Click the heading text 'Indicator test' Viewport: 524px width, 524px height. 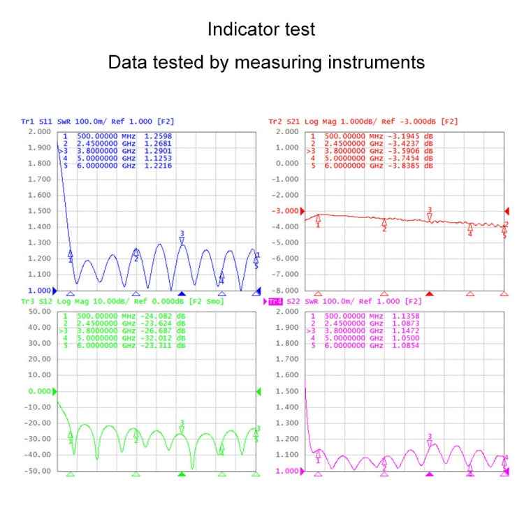pyautogui.click(x=261, y=30)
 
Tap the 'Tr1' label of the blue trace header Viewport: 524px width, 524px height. pyautogui.click(x=27, y=122)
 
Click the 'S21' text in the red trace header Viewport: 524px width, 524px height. pyautogui.click(x=295, y=122)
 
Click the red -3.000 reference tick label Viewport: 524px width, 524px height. pyautogui.click(x=285, y=211)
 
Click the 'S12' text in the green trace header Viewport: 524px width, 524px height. pyautogui.click(x=45, y=301)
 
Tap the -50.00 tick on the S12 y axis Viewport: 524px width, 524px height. pyautogui.click(x=39, y=471)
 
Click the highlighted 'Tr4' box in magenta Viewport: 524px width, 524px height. pyautogui.click(x=276, y=301)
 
